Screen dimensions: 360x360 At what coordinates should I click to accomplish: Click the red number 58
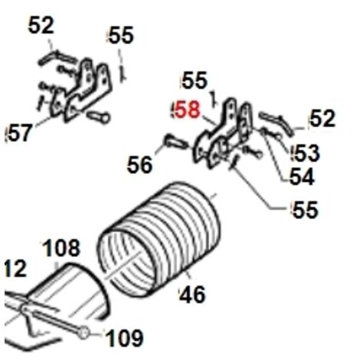pyautogui.click(x=187, y=110)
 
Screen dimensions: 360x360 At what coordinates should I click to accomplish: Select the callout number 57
pyautogui.click(x=20, y=133)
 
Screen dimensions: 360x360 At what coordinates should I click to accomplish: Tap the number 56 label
pyautogui.click(x=139, y=165)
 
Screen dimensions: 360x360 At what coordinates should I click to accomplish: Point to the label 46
pyautogui.click(x=193, y=295)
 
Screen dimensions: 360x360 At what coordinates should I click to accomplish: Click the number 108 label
pyautogui.click(x=61, y=247)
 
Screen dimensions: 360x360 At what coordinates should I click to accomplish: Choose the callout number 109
pyautogui.click(x=125, y=338)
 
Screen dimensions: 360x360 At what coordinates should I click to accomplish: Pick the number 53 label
pyautogui.click(x=306, y=152)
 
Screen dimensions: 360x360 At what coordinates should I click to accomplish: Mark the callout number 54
pyautogui.click(x=302, y=177)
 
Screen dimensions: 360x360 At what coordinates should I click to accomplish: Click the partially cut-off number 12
pyautogui.click(x=15, y=268)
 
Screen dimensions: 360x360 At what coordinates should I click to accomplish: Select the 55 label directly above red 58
pyautogui.click(x=195, y=80)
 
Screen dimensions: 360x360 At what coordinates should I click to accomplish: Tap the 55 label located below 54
pyautogui.click(x=306, y=209)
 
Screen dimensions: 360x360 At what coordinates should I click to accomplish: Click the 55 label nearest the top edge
pyautogui.click(x=121, y=34)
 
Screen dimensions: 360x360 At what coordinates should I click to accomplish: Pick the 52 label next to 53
pyautogui.click(x=322, y=118)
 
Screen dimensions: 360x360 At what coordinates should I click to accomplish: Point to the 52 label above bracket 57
pyautogui.click(x=41, y=25)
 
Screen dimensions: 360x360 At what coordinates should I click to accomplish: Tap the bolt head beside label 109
pyautogui.click(x=83, y=333)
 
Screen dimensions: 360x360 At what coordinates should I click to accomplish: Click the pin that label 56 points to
pyautogui.click(x=177, y=142)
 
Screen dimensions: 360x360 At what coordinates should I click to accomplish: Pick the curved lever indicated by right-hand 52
pyautogui.click(x=277, y=123)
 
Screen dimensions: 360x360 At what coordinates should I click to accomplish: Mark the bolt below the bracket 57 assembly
pyautogui.click(x=98, y=117)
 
